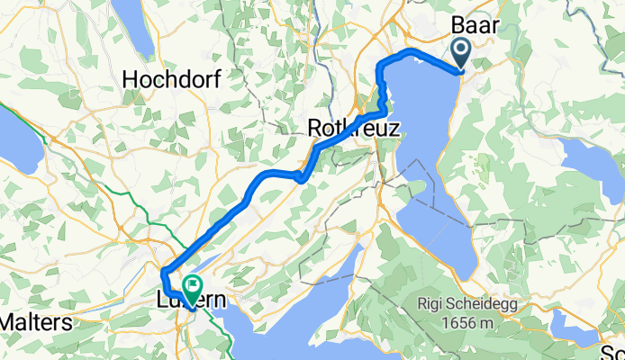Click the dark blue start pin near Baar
point(460,54)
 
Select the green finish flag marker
point(192,288)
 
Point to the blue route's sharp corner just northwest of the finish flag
point(163,272)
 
